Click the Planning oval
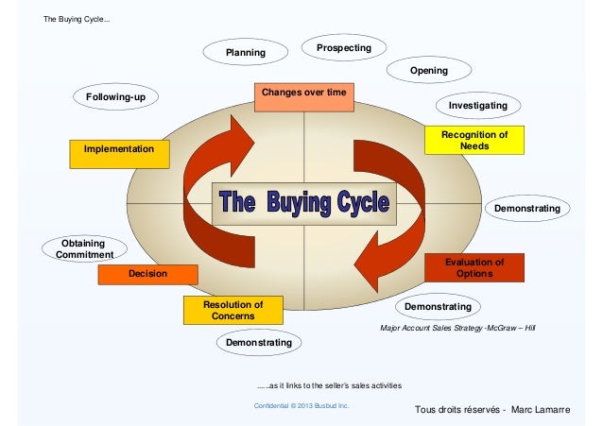pos(245,53)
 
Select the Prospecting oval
pos(343,47)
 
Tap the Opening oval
pos(428,72)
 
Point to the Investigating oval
pos(477,105)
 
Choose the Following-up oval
pos(115,97)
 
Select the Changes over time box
pos(304,94)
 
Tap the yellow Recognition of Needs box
pos(474,141)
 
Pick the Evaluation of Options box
pos(474,267)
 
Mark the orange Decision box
pos(147,274)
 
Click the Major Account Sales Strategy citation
pos(457,327)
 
